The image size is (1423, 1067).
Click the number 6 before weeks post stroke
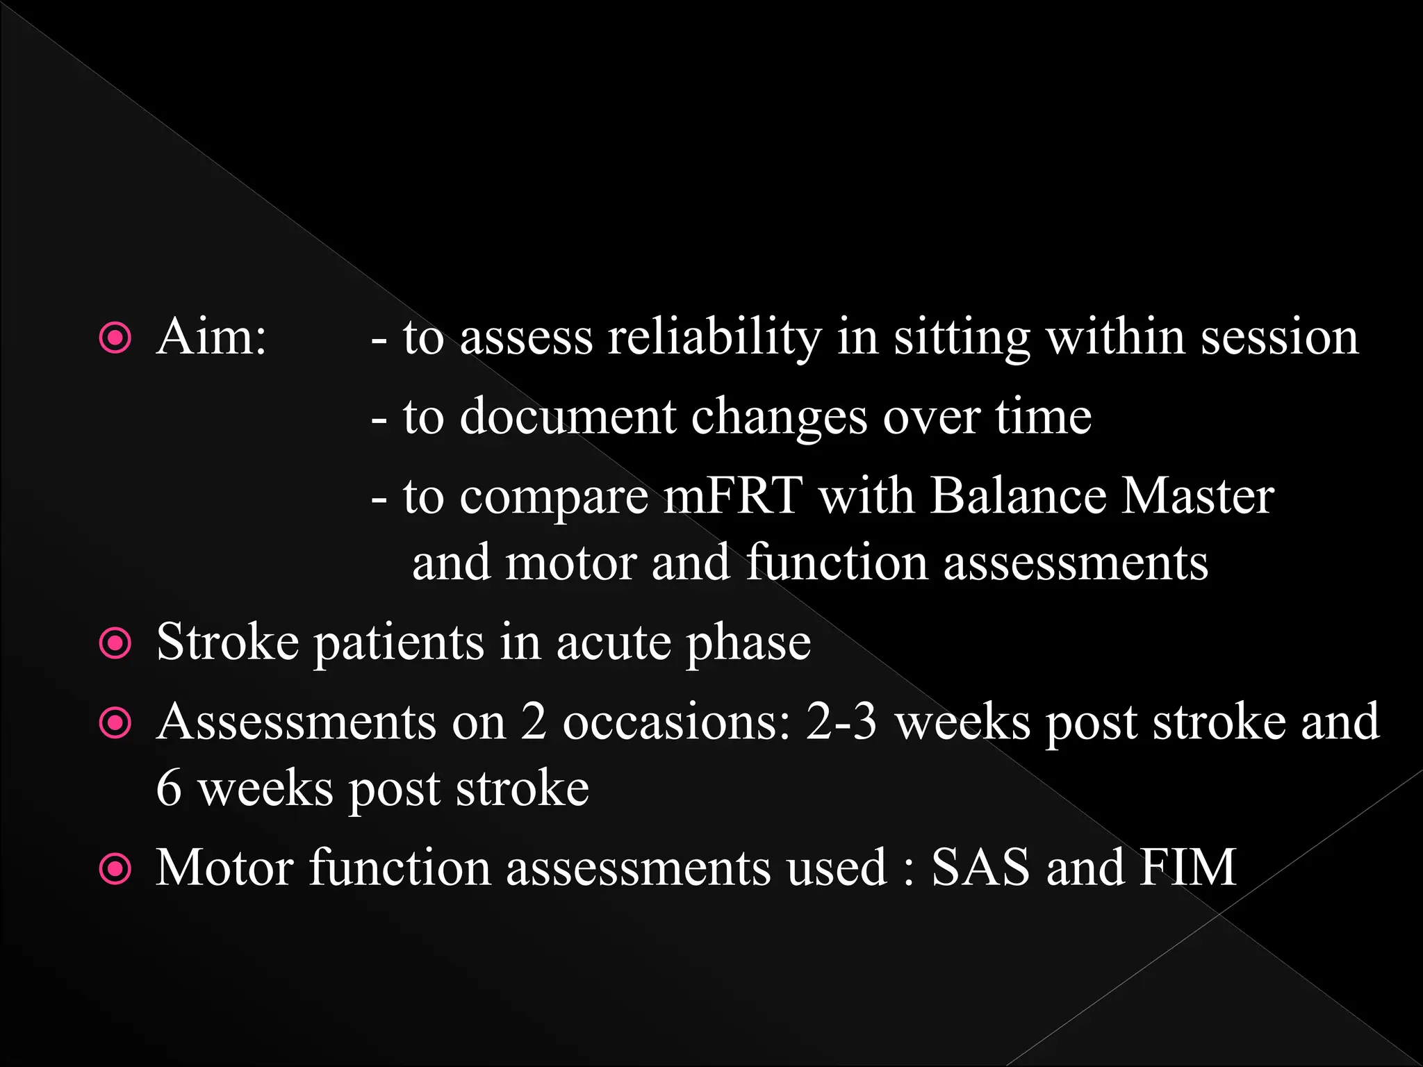click(169, 789)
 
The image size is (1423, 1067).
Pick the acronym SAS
click(980, 868)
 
